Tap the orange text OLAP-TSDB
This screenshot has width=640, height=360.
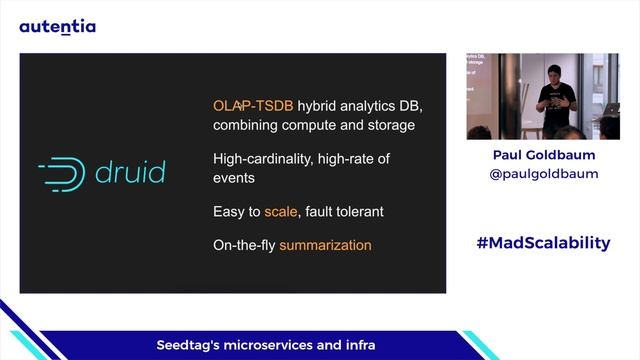246,106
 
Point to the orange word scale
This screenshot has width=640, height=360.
281,212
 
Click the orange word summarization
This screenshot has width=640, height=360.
325,245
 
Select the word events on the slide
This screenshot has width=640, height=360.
234,178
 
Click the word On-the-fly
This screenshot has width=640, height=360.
244,245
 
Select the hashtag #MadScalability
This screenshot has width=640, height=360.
543,243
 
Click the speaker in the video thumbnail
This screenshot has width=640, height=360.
556,95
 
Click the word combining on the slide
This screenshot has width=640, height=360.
246,126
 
